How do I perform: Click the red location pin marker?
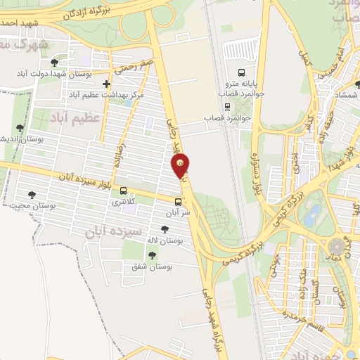pyautogui.click(x=181, y=167)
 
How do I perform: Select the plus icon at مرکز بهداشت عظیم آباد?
pyautogui.click(x=106, y=84)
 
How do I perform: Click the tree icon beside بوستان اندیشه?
pyautogui.click(x=20, y=128)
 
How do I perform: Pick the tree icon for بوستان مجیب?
pyautogui.click(x=31, y=195)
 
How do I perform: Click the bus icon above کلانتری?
pyautogui.click(x=124, y=191)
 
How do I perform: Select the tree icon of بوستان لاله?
pyautogui.click(x=165, y=229)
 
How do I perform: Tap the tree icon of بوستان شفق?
pyautogui.click(x=153, y=255)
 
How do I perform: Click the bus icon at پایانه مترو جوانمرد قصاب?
pyautogui.click(x=242, y=72)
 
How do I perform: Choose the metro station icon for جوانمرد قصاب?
pyautogui.click(x=227, y=106)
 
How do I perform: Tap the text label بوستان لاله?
pyautogui.click(x=165, y=240)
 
